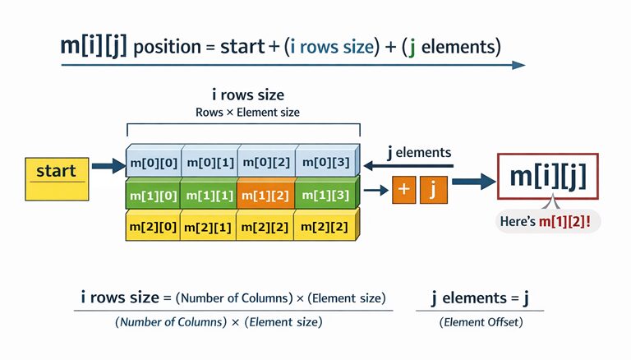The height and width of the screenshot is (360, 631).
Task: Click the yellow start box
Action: coord(56,178)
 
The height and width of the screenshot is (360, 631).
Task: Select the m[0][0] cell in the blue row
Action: coord(154,163)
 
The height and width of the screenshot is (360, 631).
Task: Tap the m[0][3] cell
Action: coord(325,163)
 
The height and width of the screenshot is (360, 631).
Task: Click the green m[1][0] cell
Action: coord(154,195)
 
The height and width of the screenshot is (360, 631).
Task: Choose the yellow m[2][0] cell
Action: coord(154,226)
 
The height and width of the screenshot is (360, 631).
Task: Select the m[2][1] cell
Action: coord(209,226)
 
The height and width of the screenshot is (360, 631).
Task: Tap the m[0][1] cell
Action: coord(209,163)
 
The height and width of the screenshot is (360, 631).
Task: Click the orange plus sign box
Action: coord(403,189)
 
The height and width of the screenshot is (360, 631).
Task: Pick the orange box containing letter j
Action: coord(432,189)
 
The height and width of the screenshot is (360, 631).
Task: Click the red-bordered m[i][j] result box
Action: coord(548,177)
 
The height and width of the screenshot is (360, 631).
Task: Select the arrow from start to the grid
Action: coord(107,168)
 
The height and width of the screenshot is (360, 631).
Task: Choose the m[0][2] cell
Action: coord(265,163)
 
